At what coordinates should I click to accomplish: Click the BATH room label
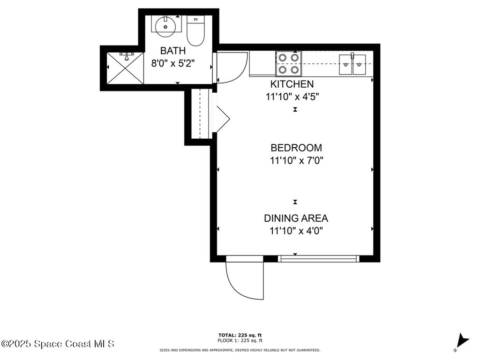pos(173,51)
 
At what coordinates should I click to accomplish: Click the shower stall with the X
pos(125,68)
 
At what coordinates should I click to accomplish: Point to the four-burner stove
pos(288,63)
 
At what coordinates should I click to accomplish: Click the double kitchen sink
pos(352,65)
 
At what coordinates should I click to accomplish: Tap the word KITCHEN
pos(292,84)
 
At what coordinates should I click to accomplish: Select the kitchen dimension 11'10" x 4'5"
pos(293,97)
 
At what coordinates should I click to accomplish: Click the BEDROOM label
pos(296,148)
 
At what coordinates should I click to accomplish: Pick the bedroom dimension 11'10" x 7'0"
pos(297,161)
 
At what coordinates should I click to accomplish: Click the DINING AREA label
pos(296,218)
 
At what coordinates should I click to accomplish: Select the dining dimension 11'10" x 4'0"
pos(296,231)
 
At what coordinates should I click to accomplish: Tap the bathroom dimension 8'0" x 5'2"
pos(173,63)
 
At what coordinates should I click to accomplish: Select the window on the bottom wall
pos(318,258)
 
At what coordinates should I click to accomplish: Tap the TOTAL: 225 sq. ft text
pos(240,335)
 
